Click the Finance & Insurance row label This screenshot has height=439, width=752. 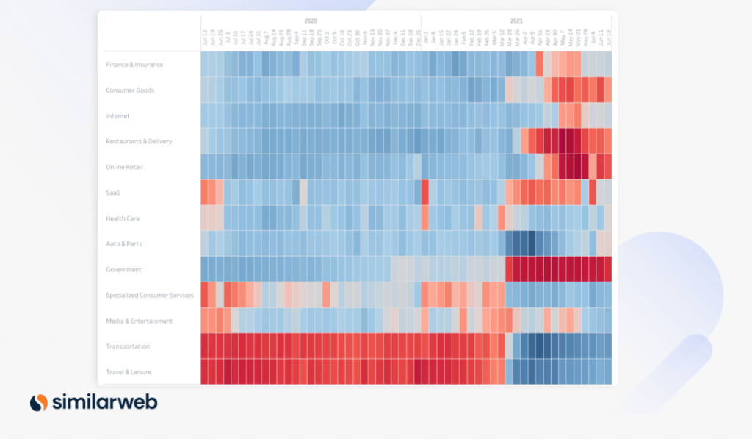(x=134, y=65)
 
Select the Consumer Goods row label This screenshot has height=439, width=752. (x=130, y=90)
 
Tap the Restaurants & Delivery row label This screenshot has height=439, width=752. (x=139, y=141)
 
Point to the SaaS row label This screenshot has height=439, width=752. (x=114, y=193)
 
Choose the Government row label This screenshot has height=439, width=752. (x=123, y=270)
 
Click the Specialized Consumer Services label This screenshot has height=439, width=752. (x=150, y=296)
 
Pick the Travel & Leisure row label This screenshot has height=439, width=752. (x=129, y=372)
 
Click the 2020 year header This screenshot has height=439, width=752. (x=311, y=21)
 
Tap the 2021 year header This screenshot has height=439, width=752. (x=516, y=21)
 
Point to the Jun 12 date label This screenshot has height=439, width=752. (x=206, y=40)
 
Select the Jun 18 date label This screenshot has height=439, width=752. (x=608, y=40)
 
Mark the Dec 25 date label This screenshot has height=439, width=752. (x=418, y=40)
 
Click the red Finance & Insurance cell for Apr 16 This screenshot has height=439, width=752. (x=540, y=65)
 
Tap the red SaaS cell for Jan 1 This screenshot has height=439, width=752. (x=425, y=193)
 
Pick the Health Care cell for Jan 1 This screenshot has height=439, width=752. (x=425, y=218)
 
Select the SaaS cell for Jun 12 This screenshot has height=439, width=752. (x=205, y=193)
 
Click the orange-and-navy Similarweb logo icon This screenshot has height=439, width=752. (x=38, y=402)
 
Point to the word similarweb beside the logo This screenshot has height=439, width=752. (x=104, y=402)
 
